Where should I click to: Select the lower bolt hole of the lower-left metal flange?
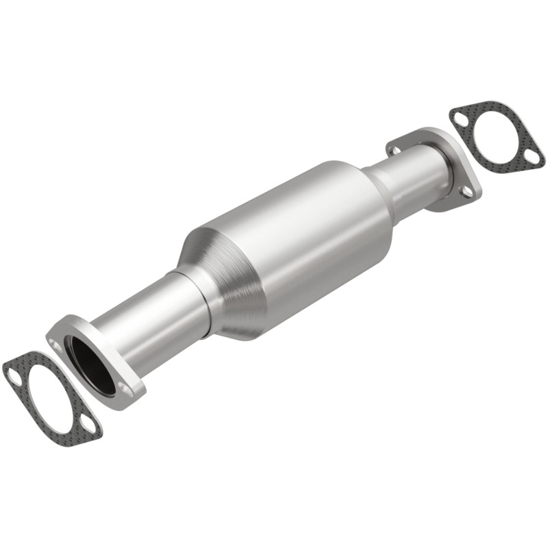pos(126,390)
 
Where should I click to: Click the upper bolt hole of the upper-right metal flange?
pos(395,149)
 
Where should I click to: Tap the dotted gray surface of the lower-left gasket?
pos(27,411)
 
